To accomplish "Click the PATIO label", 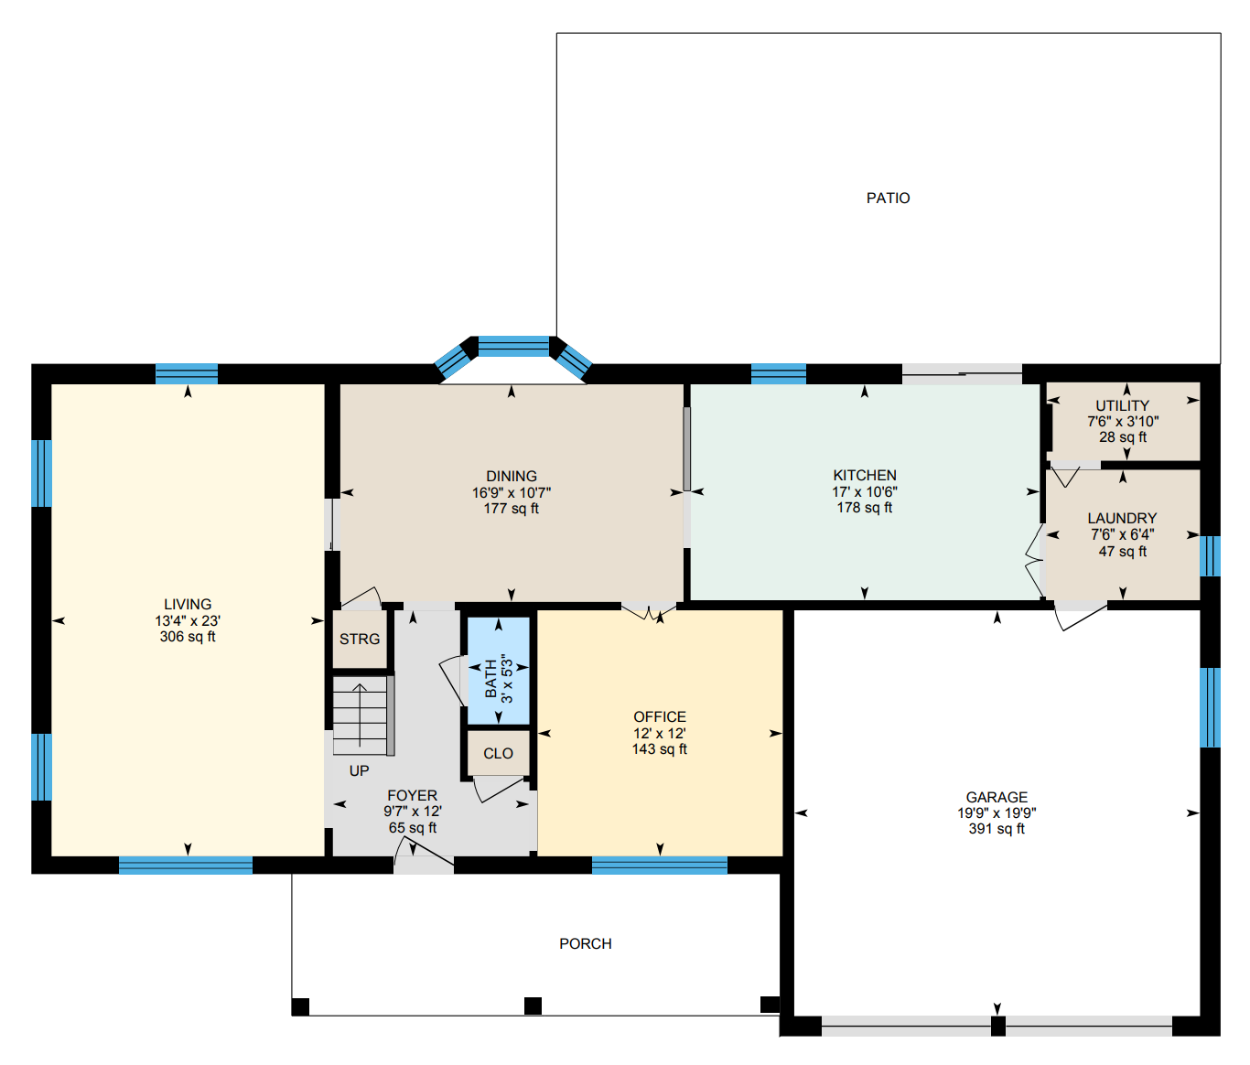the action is pos(888,199).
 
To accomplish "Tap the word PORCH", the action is pos(586,944).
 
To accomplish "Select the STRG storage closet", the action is pos(360,640).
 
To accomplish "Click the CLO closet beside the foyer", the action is pos(499,754).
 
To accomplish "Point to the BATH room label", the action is pos(491,679).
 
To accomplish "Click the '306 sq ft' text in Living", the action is pos(188,637).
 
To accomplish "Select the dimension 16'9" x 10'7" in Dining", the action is pos(512,493).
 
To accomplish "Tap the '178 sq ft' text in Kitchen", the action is pos(865,508).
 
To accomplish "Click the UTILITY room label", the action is pos(1123,406).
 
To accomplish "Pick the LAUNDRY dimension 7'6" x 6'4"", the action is pos(1123,535).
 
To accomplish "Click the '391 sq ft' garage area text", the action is pos(997,829).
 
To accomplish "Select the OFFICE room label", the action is pos(660,717).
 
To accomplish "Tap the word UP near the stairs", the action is pos(360,771).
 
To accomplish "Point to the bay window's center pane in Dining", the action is pos(513,347).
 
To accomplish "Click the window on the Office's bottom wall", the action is pos(659,866).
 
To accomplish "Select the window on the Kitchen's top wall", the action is pos(779,373).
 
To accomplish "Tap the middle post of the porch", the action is pos(533,1006).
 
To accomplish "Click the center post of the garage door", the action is pos(997,1027).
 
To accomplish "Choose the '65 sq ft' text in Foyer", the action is pos(413,828).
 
